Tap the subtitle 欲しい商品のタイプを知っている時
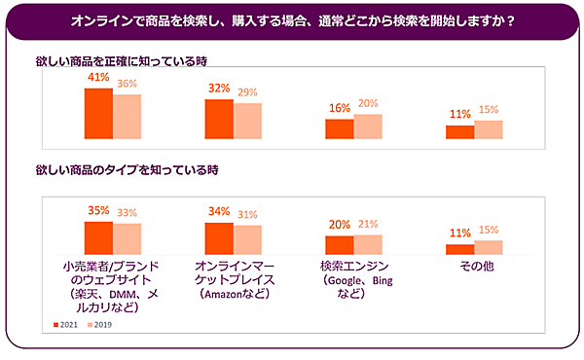128,169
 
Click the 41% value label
97,77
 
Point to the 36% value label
128,84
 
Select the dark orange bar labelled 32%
218,119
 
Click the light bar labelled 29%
247,122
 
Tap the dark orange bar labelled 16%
339,129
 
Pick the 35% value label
97,209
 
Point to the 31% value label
248,215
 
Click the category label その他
473,267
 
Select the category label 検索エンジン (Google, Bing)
353,280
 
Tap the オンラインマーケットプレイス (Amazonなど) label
233,280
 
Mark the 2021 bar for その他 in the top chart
459,132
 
